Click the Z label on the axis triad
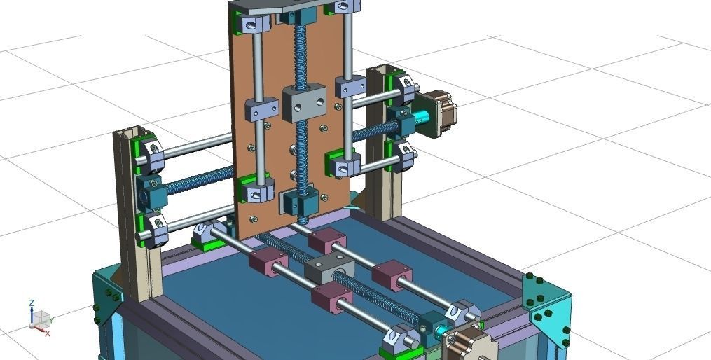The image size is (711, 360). [32, 303]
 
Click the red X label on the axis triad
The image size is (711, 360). [48, 334]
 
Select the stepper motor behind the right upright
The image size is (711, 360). [441, 111]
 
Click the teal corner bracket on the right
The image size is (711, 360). [548, 306]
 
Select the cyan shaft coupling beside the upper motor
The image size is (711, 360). [421, 120]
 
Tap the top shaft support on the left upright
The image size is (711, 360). [150, 155]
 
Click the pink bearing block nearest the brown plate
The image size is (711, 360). [325, 240]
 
